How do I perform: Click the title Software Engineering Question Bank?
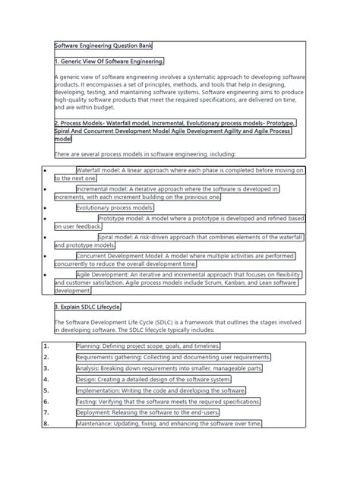click(104, 47)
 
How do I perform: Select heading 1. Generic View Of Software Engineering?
click(109, 62)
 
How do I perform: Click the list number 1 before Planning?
click(46, 346)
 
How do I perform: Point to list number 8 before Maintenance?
click(46, 423)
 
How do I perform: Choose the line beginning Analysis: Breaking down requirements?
click(169, 368)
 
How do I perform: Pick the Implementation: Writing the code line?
click(156, 390)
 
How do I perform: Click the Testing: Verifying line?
click(168, 401)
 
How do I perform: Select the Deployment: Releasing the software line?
click(156, 412)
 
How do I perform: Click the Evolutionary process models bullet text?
click(115, 207)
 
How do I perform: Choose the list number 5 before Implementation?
click(46, 390)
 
